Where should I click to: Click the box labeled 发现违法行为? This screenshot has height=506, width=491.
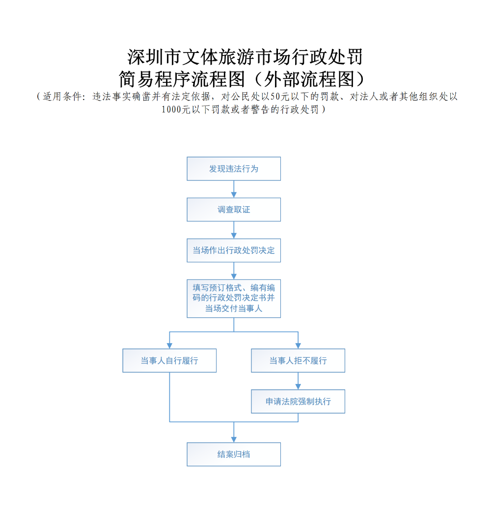click(234, 169)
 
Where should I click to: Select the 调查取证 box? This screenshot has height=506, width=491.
click(234, 209)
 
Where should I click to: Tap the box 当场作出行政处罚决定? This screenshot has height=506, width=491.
click(234, 251)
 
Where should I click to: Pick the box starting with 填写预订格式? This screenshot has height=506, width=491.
click(234, 298)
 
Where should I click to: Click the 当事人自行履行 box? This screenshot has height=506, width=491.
click(169, 360)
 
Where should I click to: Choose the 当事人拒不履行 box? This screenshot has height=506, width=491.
click(298, 360)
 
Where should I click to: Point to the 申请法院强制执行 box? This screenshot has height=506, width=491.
click(298, 401)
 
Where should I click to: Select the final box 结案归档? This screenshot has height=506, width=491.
click(234, 454)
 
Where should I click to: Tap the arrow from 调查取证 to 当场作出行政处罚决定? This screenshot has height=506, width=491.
click(234, 230)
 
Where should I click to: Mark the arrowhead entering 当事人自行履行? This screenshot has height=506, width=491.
click(169, 345)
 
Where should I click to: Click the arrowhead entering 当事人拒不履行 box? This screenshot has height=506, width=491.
click(298, 345)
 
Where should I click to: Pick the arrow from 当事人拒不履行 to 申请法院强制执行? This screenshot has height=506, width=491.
click(298, 381)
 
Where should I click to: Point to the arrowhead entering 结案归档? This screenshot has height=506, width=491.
click(234, 439)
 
